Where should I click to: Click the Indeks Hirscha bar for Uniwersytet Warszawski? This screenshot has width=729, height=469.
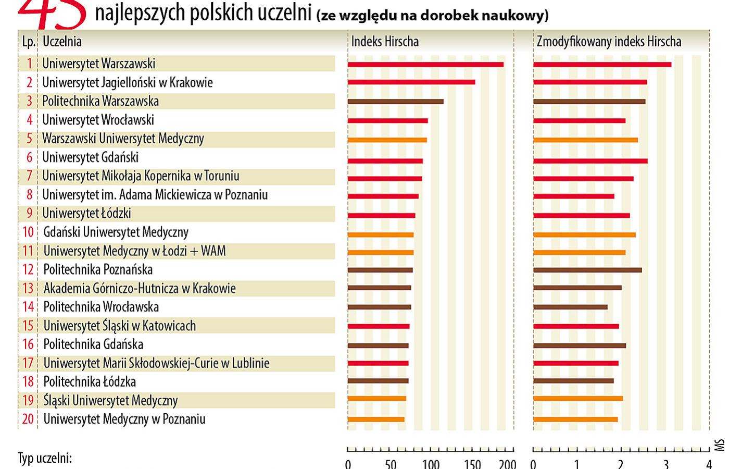tap(425, 65)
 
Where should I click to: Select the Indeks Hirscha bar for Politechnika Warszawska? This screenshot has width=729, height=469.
tap(396, 102)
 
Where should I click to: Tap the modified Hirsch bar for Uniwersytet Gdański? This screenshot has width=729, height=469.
tap(590, 161)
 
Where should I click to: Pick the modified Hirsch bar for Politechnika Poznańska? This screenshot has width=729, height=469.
tap(587, 270)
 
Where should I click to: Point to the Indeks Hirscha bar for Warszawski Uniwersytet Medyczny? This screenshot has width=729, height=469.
tap(387, 140)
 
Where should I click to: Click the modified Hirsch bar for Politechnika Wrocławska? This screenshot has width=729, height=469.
tap(570, 307)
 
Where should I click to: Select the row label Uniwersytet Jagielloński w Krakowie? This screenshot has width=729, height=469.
tap(128, 83)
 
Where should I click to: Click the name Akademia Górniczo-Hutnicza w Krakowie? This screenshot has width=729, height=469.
tap(140, 288)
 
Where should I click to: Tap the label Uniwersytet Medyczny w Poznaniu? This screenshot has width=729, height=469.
tap(124, 419)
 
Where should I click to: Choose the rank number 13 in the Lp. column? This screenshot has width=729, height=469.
tap(28, 288)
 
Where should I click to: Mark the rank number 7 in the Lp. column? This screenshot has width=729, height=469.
tap(30, 176)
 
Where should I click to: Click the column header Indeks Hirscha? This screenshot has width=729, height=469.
tap(385, 42)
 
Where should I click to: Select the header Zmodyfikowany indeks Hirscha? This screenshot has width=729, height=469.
tap(609, 42)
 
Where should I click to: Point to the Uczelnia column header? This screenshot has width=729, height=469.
tap(62, 42)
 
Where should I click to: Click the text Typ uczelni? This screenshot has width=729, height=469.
tap(45, 459)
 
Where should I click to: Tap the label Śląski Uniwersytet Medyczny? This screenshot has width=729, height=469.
tap(111, 400)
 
